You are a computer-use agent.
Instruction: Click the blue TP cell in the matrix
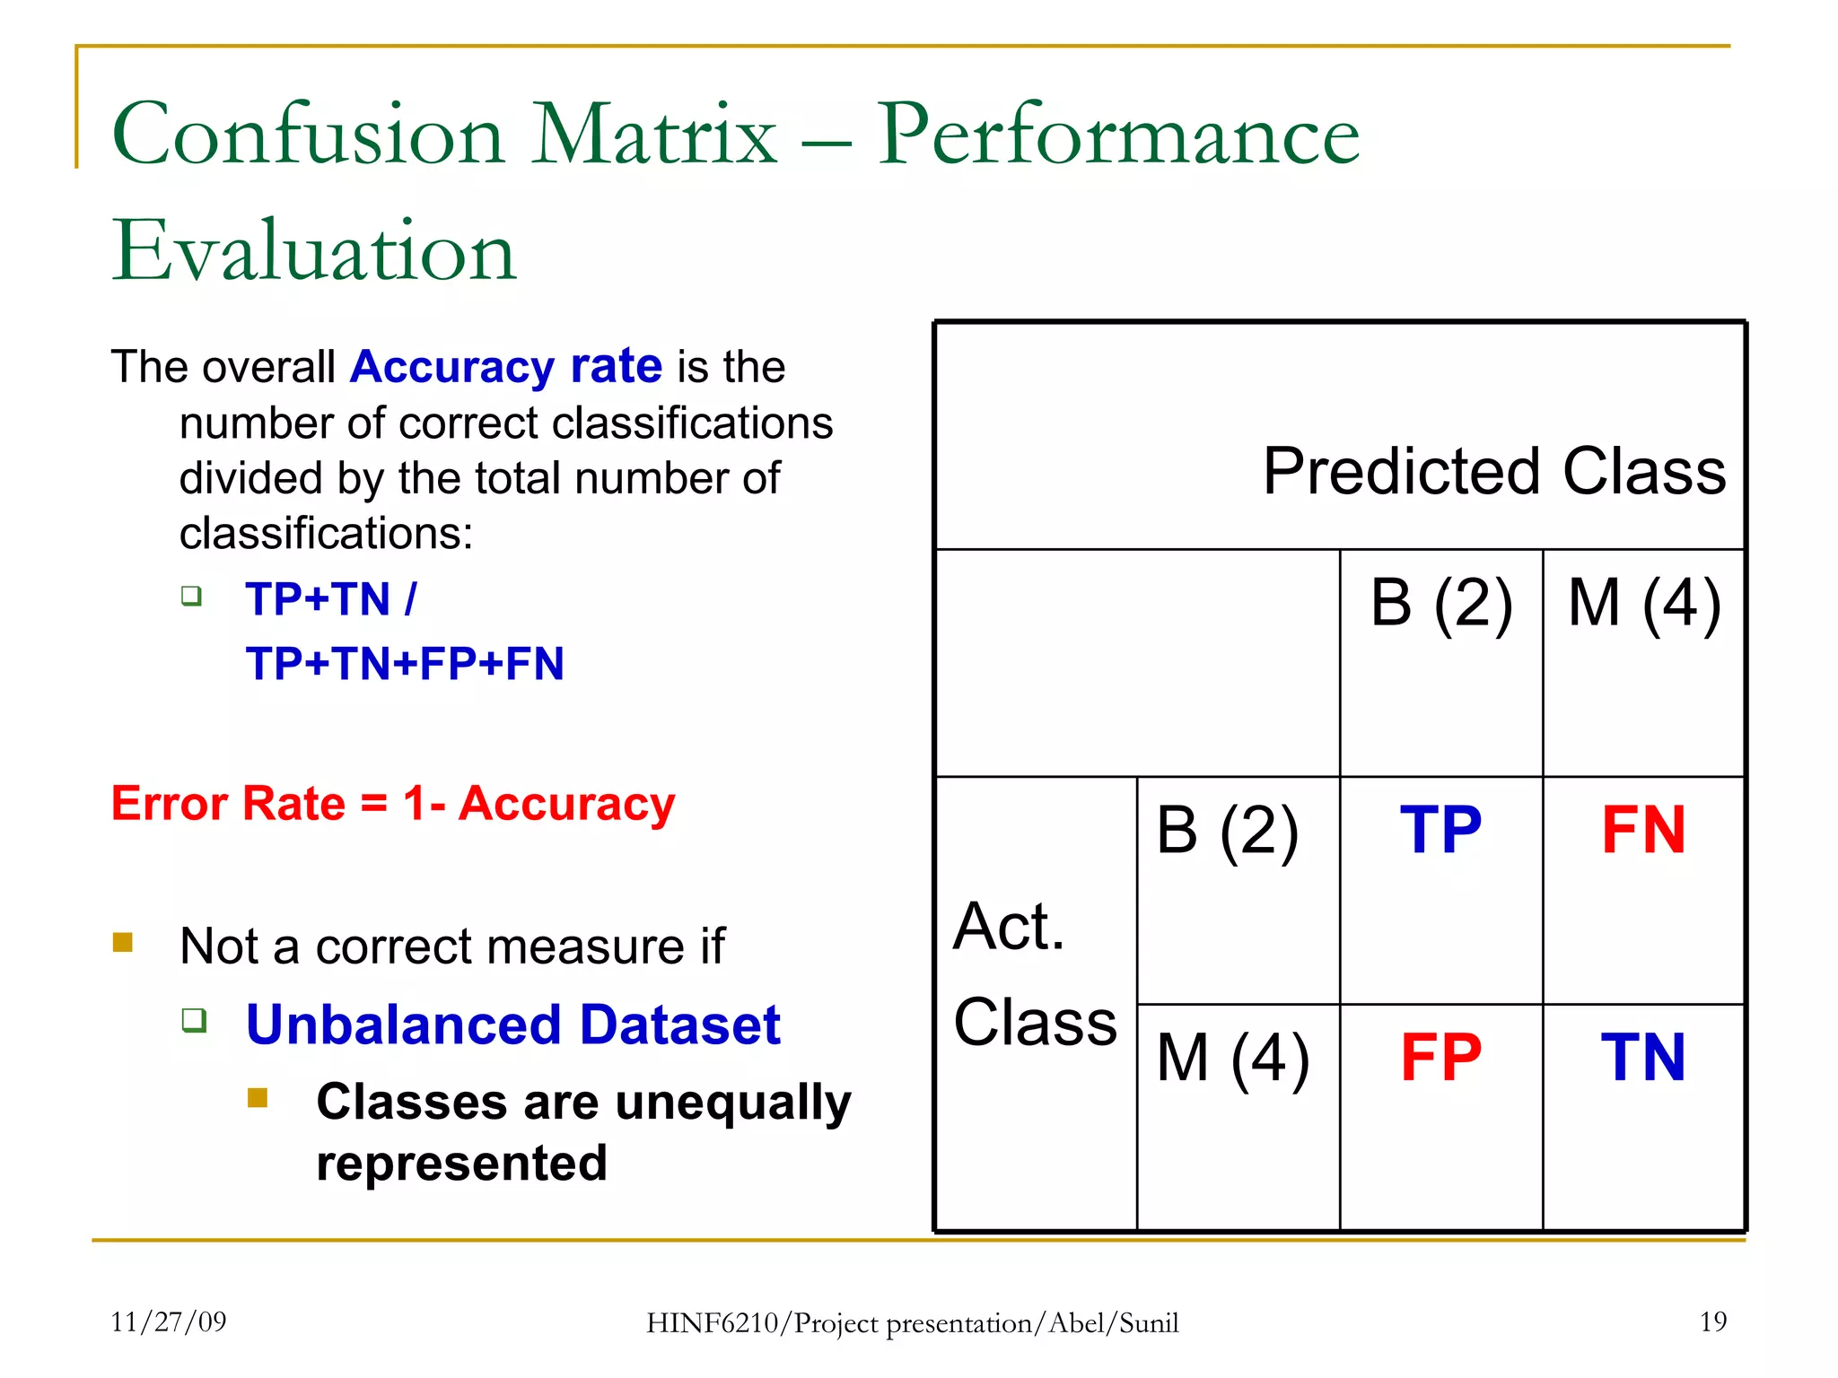click(1440, 830)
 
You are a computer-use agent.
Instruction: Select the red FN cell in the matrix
click(1643, 830)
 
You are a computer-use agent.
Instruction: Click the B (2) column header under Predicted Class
click(1440, 602)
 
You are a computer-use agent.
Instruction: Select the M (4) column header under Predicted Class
click(1643, 602)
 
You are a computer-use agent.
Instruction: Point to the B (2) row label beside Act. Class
click(1227, 830)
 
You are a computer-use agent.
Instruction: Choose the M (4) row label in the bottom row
click(1232, 1059)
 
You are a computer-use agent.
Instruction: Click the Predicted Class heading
click(1493, 471)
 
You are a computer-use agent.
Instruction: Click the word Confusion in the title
click(308, 135)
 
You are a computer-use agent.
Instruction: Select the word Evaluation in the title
click(313, 250)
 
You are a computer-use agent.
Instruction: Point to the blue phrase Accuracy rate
click(506, 367)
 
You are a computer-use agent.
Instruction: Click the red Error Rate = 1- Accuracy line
click(392, 803)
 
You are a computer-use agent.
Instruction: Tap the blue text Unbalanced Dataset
click(512, 1025)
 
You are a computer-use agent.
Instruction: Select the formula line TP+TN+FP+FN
click(405, 664)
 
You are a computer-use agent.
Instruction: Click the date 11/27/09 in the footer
click(168, 1321)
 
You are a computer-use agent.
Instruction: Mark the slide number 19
click(1712, 1321)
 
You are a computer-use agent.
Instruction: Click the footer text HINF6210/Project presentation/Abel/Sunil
click(912, 1323)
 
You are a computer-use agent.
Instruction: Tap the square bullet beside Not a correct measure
click(123, 942)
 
